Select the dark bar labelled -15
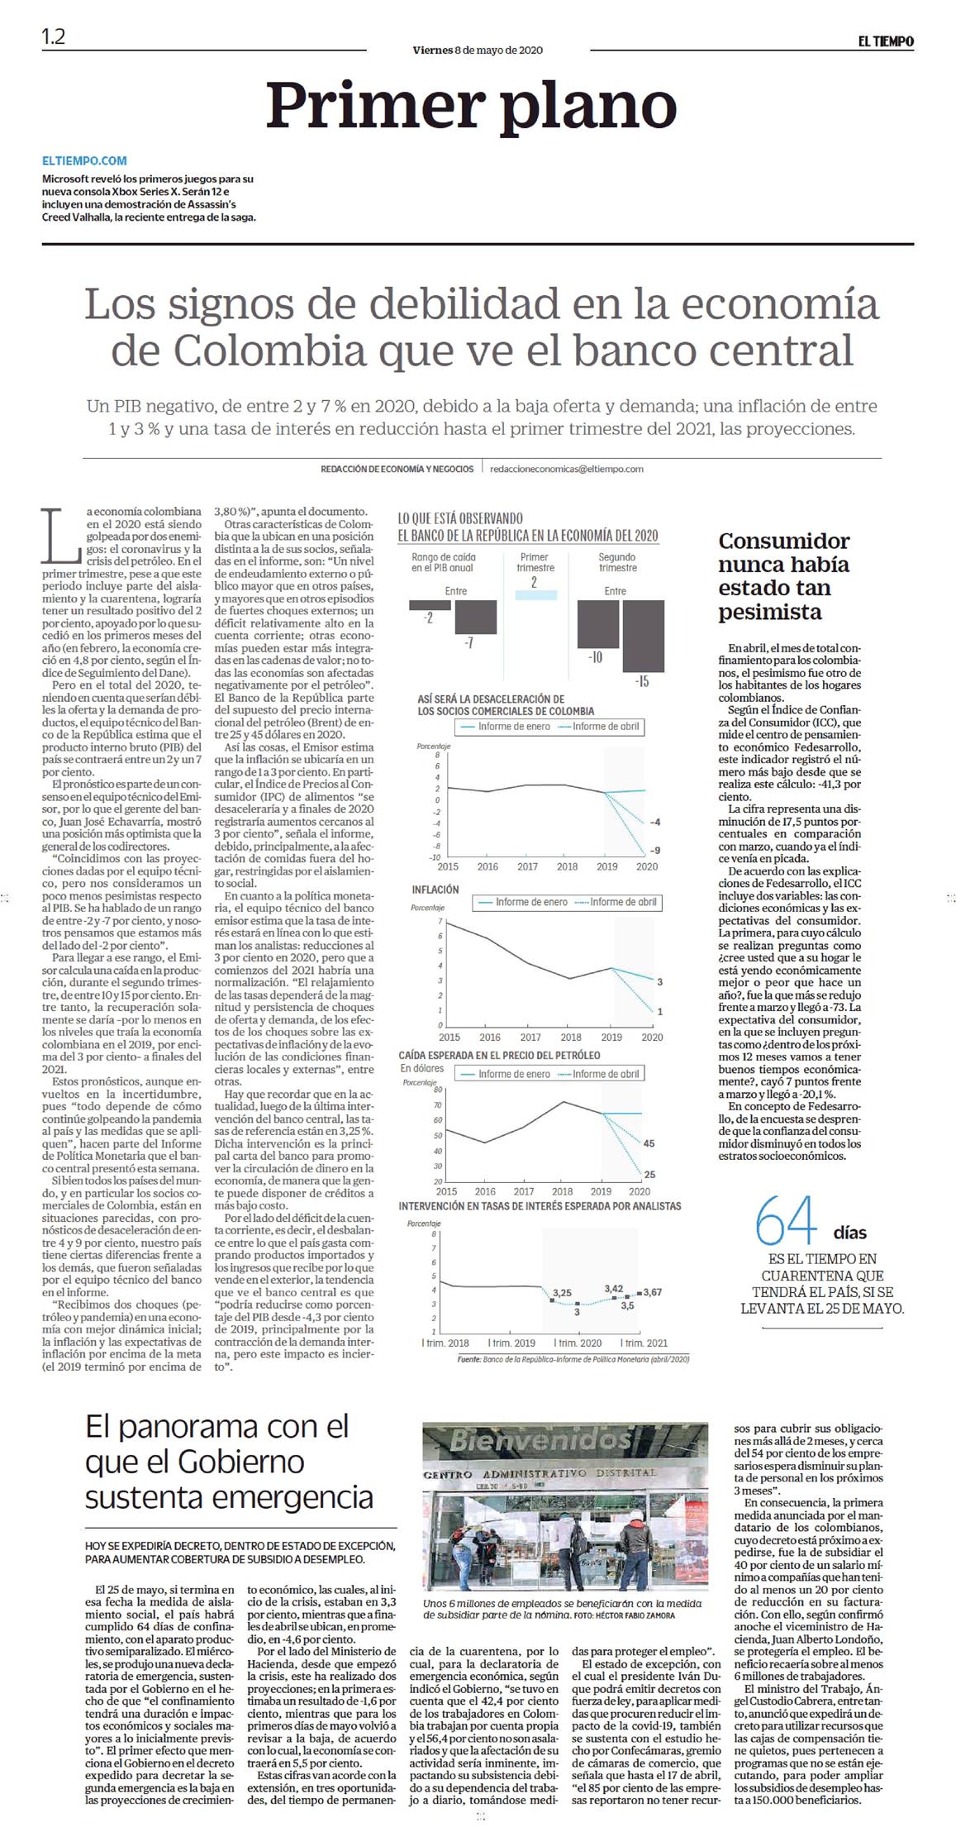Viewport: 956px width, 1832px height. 643,635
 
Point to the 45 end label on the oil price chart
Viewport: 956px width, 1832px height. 649,1143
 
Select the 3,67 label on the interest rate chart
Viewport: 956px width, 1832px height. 653,1292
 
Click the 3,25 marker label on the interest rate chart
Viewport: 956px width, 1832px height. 562,1292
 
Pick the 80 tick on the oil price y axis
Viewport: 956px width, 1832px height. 437,1090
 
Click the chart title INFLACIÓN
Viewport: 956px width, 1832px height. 435,890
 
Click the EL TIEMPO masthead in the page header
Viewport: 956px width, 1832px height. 884,41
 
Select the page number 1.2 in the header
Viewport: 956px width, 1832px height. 53,37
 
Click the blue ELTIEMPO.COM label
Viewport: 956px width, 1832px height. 84,161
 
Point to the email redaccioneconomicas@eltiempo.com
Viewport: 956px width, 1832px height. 566,469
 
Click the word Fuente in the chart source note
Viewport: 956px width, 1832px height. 468,1358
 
